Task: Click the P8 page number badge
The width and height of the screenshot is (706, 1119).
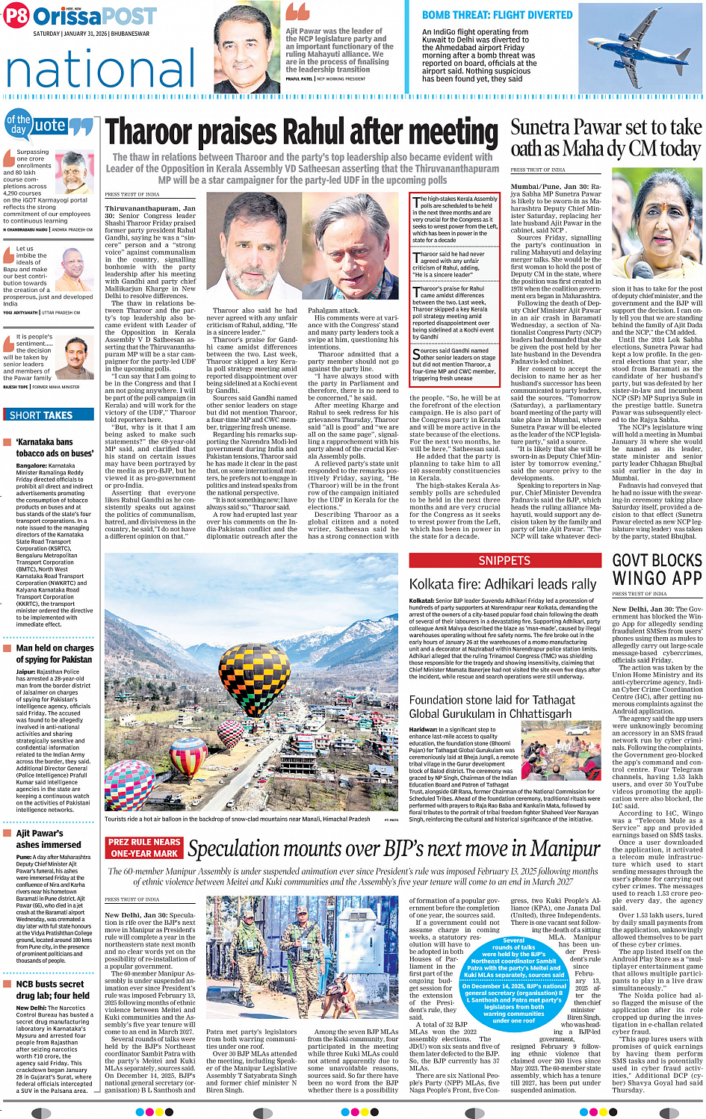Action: pyautogui.click(x=16, y=16)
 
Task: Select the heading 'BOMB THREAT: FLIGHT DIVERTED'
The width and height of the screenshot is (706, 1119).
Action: pyautogui.click(x=497, y=15)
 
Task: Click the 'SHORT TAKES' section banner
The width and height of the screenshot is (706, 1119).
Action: pyautogui.click(x=41, y=415)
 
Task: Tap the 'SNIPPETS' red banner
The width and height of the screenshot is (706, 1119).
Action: pyautogui.click(x=504, y=560)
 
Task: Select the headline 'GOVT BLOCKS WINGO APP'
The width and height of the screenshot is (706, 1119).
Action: pyautogui.click(x=657, y=569)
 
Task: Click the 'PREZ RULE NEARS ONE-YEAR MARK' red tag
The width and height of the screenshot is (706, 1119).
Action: pyautogui.click(x=144, y=848)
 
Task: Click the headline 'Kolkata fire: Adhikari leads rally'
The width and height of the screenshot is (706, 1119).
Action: pyautogui.click(x=503, y=584)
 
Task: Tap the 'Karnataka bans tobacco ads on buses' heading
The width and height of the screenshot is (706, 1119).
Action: pyautogui.click(x=55, y=447)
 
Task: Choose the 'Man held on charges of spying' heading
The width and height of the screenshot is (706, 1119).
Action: pyautogui.click(x=55, y=654)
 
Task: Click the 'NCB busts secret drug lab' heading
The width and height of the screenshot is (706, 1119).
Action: pyautogui.click(x=52, y=990)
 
